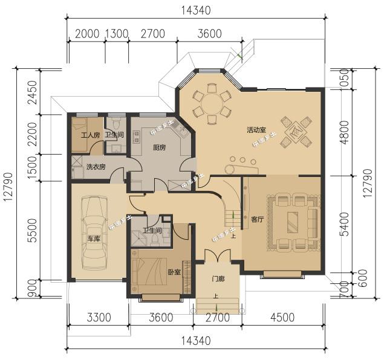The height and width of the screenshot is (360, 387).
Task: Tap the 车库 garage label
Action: [93, 239]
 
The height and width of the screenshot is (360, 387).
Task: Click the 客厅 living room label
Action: [258, 219]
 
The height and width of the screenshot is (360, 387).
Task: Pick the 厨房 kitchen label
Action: [160, 148]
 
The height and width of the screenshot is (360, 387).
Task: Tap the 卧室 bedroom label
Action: [174, 272]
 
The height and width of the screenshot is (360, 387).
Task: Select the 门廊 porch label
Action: [218, 278]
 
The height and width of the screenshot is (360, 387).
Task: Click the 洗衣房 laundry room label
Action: [96, 167]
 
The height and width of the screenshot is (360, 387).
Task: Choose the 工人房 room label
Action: [89, 135]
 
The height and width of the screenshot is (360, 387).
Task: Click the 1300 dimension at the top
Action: [117, 34]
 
